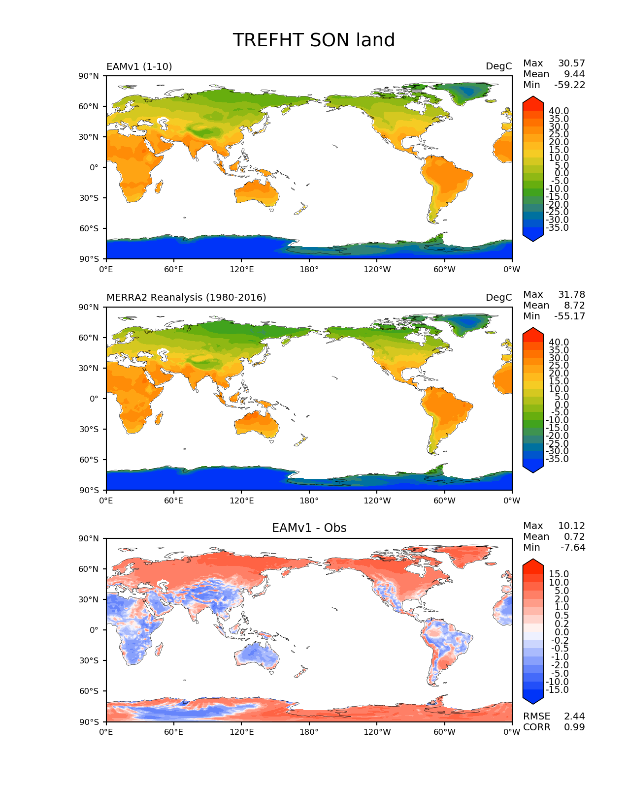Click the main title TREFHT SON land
pos(314,40)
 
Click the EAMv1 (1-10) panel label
pos(139,66)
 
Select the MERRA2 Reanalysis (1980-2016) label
pos(186,297)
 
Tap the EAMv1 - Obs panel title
pos(309,528)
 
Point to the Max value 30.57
pos(571,63)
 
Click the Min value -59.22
pos(569,85)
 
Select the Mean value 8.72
pos(574,306)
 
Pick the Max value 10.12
pos(571,526)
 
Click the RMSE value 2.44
pos(574,717)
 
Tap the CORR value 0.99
pos(574,727)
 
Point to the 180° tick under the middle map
pos(309,500)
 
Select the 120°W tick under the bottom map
pos(377,732)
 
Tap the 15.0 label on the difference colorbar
pos(559,574)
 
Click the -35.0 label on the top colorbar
pos(557,228)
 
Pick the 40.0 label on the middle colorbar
pos(559,343)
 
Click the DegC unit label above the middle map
pos(498,297)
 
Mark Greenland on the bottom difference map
pos(465,556)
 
